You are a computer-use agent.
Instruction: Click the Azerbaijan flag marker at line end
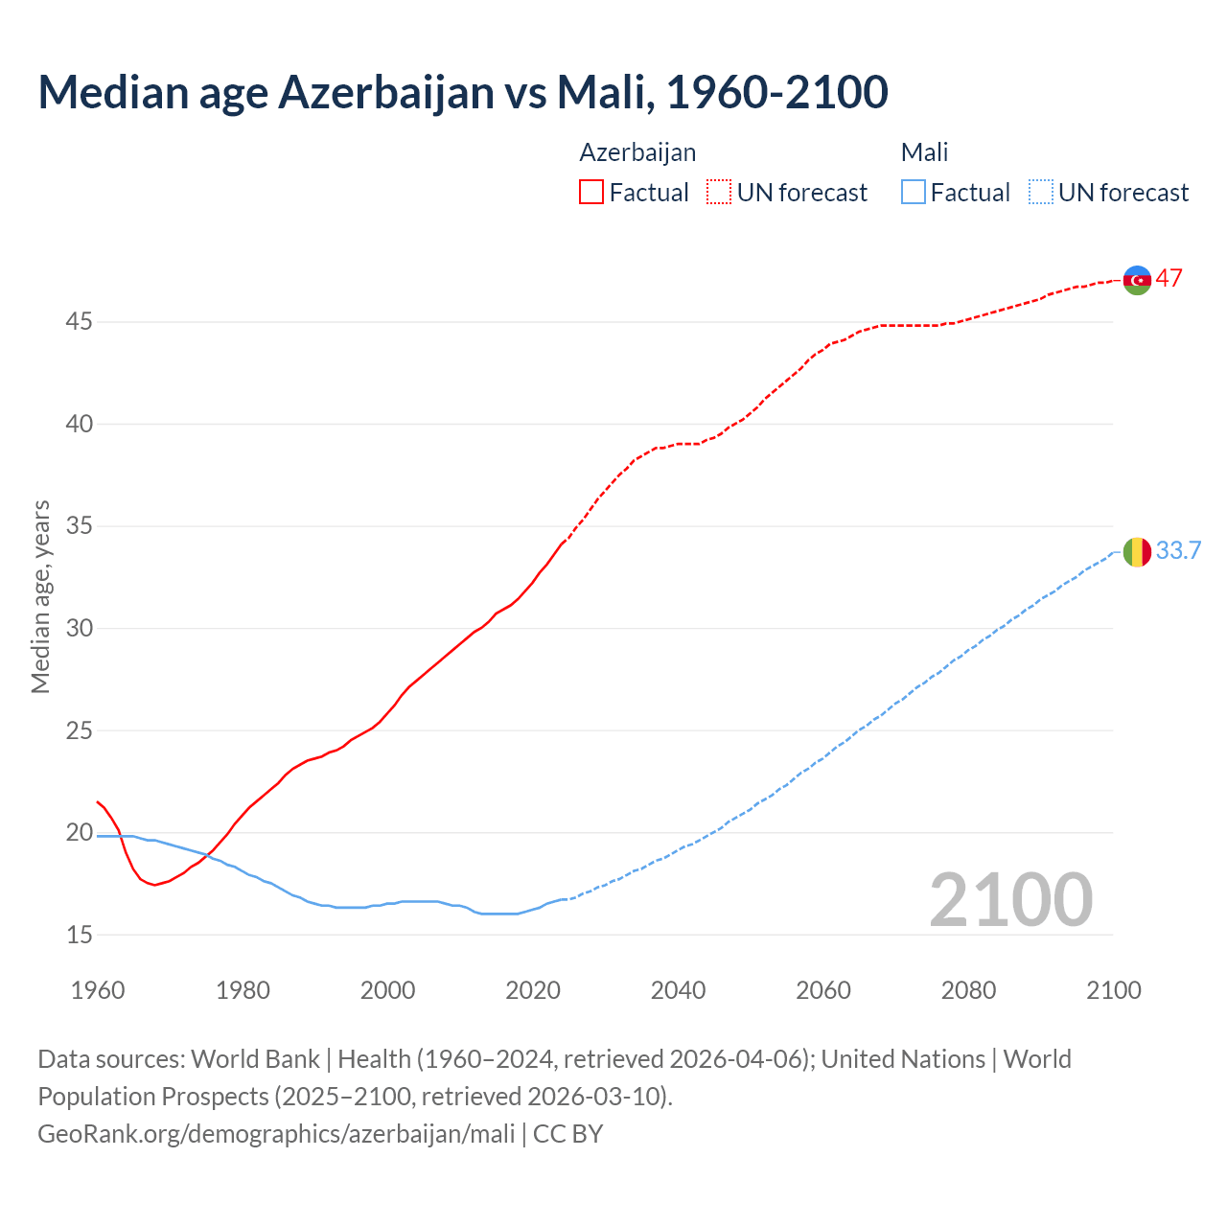pos(1137,280)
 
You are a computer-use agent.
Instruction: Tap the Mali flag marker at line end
pos(1137,552)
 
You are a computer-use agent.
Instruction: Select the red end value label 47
pos(1169,279)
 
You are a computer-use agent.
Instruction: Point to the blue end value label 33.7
pos(1178,551)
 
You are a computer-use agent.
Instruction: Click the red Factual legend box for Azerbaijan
pos(591,193)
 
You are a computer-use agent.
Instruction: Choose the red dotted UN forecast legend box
pos(719,193)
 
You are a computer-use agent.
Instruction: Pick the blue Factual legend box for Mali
pos(914,193)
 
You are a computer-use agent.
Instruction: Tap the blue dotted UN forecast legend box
pos(1040,193)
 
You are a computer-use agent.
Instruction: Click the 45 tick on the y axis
pos(79,322)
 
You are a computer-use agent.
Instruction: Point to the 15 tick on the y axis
pos(79,935)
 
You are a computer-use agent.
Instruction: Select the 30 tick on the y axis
pos(79,629)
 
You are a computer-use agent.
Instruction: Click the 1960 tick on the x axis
pos(98,990)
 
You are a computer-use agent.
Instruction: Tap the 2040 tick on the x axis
pos(679,990)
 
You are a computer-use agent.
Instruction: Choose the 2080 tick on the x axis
pos(968,990)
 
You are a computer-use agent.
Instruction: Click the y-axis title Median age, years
pos(40,596)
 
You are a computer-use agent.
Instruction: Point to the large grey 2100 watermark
pos(1010,899)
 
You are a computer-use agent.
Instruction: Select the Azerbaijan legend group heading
pos(637,152)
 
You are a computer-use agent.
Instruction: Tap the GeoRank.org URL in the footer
pos(276,1134)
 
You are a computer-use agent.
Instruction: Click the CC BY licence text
pos(568,1134)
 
